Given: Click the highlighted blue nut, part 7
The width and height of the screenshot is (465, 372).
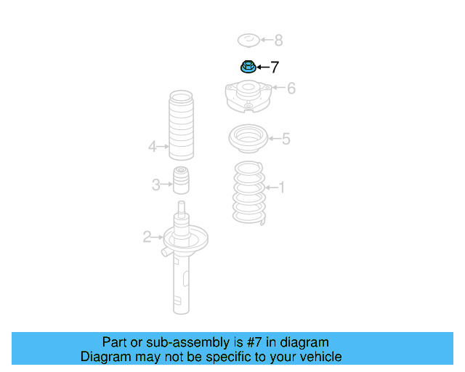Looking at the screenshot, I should tap(247, 68).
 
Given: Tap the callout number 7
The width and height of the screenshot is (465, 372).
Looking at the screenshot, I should tap(274, 68).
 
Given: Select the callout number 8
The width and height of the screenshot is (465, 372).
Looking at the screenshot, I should tap(278, 41).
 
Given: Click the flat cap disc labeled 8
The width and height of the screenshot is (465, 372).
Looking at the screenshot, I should tap(248, 40).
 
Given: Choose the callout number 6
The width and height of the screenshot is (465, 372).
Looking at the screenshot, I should tap(291, 89).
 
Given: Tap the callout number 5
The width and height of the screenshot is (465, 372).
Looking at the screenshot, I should tap(286, 138).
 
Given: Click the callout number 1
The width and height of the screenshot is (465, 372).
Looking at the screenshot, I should tap(282, 188).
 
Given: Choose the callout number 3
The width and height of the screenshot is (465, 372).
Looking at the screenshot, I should tap(155, 185).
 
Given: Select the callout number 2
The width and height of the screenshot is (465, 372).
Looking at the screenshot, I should tap(147, 236).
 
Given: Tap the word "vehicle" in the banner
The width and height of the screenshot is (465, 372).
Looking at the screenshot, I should tap(320, 357).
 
